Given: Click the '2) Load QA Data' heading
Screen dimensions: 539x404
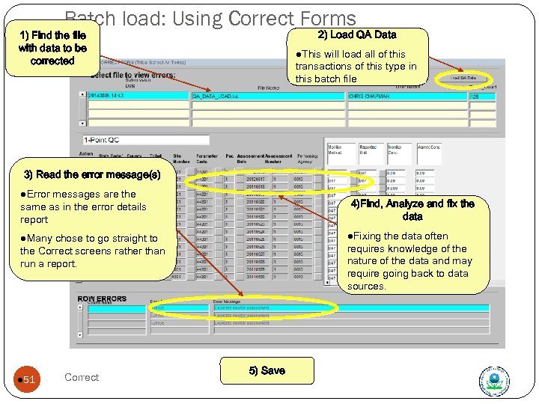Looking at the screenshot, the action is [357, 34].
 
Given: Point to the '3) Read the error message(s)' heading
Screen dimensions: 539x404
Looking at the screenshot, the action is [92, 174].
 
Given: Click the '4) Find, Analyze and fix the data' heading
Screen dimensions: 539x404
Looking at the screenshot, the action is [412, 209].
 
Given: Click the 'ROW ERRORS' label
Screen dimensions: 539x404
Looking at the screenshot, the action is [102, 299].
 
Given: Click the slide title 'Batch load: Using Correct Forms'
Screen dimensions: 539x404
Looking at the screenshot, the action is [210, 18].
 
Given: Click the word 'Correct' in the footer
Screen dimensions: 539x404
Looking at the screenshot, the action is [82, 377].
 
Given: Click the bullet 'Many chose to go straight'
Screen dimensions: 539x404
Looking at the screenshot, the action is [93, 251].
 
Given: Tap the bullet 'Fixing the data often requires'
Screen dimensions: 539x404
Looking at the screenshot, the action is [409, 260].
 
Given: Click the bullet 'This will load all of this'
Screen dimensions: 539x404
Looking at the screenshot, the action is [356, 66].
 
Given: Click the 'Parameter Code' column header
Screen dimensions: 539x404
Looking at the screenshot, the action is [202, 158].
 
